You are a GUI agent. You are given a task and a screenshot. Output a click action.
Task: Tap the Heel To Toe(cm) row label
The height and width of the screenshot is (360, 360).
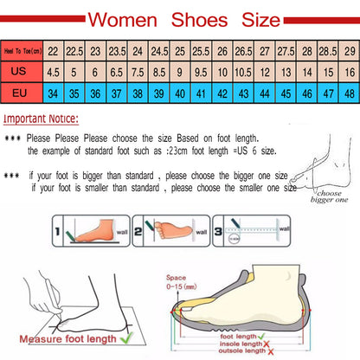(x=22, y=52)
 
